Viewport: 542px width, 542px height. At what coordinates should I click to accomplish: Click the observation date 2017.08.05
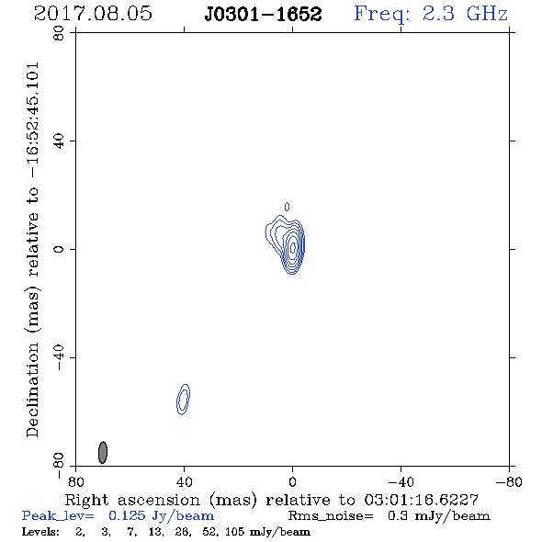point(93,14)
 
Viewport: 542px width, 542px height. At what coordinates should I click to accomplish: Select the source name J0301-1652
point(263,14)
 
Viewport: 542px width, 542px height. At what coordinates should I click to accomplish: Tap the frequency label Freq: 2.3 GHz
point(431,14)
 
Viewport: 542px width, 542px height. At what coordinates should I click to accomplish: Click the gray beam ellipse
point(103,453)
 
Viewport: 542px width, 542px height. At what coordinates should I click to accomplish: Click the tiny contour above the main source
point(287,207)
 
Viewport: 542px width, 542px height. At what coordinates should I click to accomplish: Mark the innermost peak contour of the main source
point(293,247)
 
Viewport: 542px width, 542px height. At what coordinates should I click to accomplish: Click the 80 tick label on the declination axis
point(59,33)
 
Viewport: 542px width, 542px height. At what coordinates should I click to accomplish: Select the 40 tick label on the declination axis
point(59,141)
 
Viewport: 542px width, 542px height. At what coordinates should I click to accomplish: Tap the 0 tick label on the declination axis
point(59,249)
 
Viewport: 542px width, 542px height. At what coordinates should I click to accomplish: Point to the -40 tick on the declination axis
point(59,357)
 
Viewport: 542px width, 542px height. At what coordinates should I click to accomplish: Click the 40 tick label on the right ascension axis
point(184,482)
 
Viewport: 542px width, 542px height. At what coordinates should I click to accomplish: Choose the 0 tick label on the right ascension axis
point(292,482)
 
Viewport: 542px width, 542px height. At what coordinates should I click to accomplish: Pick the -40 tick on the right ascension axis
point(401,482)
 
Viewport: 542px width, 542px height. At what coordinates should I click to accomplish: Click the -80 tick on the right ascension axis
point(509,482)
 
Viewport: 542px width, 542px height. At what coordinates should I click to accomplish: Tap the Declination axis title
point(33,249)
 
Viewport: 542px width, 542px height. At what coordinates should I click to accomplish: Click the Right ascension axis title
point(272,500)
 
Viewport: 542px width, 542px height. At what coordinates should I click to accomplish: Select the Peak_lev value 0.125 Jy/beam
point(161,516)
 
